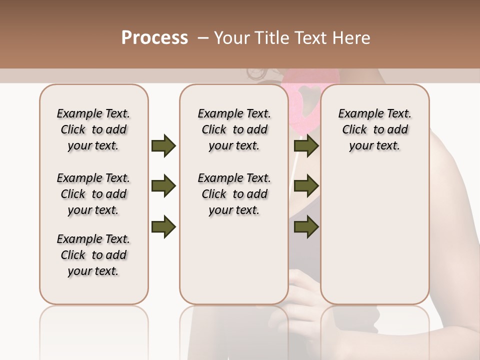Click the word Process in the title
[154, 38]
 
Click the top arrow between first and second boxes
[163, 146]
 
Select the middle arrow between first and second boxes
[163, 186]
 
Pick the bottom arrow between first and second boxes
[163, 226]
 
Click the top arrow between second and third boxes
[306, 146]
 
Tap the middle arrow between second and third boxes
[306, 186]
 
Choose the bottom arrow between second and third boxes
[306, 226]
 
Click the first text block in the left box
[93, 129]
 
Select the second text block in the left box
[93, 194]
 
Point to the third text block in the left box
[93, 255]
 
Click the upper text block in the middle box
[234, 129]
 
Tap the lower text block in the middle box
[234, 194]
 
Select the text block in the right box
[374, 129]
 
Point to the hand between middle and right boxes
[305, 290]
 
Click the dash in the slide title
[203, 38]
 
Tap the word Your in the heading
[230, 38]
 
